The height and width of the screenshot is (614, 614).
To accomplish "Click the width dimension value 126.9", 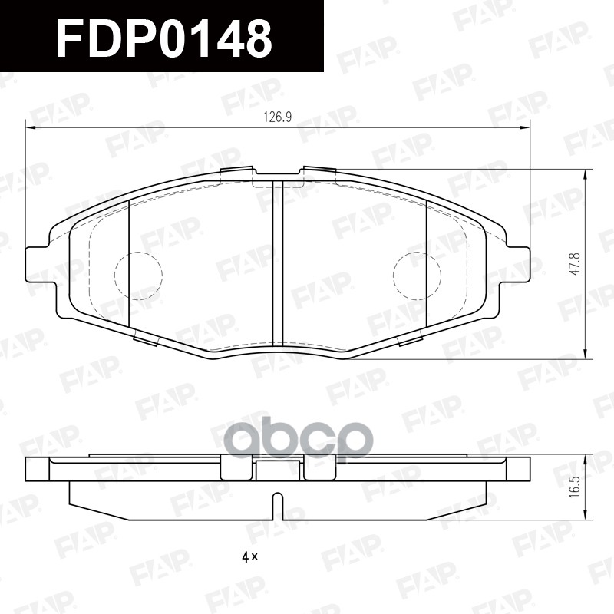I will [279, 117].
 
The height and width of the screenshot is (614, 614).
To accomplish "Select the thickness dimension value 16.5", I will [573, 487].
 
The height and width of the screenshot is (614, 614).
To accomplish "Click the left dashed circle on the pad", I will [138, 276].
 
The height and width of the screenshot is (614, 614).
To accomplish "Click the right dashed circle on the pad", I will [417, 276].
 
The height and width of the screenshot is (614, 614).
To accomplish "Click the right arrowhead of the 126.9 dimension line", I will [524, 127].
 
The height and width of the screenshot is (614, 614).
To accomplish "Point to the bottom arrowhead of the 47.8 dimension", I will [586, 354].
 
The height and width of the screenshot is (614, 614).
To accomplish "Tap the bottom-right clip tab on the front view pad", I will [409, 337].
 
